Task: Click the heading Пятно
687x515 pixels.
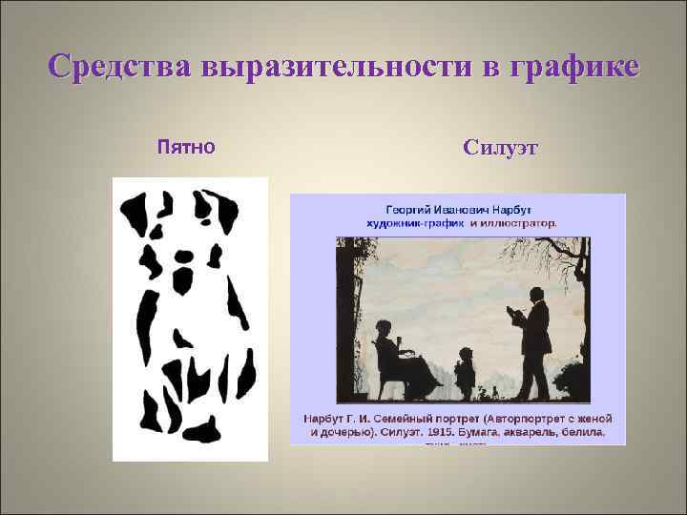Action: (186, 147)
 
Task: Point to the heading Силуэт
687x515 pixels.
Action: (500, 148)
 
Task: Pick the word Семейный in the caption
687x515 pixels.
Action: (420, 419)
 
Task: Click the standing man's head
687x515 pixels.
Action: (530, 291)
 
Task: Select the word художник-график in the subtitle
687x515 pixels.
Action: (411, 222)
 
